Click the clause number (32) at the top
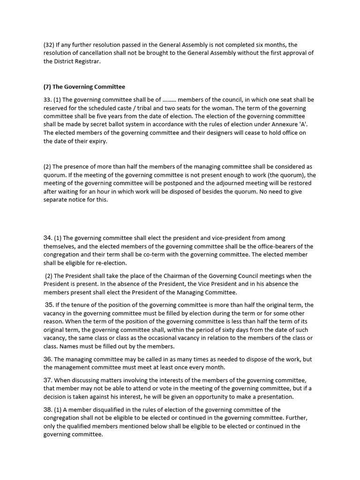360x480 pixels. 49,45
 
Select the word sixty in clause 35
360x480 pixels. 232,330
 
